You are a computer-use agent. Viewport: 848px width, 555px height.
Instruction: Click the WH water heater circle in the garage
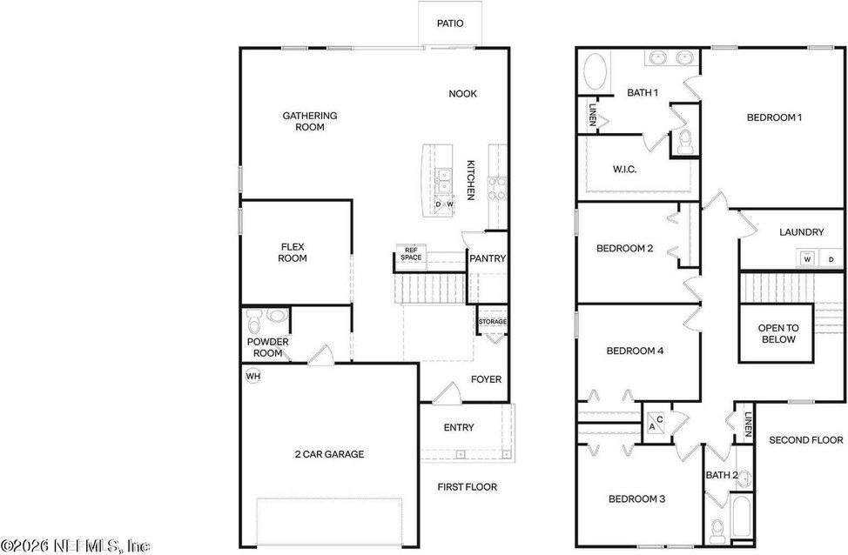[253, 376]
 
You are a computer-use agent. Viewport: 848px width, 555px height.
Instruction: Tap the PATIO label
[450, 23]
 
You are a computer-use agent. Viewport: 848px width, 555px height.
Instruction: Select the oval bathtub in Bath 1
[595, 71]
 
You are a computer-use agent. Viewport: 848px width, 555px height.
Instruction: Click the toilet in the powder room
[253, 322]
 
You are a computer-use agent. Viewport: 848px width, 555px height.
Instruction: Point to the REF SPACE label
[411, 254]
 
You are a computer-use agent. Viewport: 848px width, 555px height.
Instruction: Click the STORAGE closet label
[493, 322]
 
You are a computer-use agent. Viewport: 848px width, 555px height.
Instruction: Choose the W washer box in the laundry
[807, 259]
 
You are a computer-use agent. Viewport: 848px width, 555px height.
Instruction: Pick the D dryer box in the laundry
[831, 259]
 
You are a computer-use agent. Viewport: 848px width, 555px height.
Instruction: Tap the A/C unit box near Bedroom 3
[656, 422]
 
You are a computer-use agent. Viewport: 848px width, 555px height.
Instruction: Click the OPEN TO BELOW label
[778, 333]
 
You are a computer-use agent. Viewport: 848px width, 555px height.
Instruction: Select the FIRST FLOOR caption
[468, 487]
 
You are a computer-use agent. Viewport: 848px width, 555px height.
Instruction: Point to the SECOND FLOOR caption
[806, 440]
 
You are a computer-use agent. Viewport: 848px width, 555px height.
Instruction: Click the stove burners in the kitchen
[497, 189]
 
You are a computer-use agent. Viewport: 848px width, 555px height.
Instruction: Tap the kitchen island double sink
[443, 181]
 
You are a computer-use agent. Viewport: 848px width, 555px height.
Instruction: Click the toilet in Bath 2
[717, 532]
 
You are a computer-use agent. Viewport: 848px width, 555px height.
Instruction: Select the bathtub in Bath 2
[741, 516]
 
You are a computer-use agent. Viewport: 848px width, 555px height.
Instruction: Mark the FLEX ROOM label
[293, 252]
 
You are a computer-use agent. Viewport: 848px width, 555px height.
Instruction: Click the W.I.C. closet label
[624, 169]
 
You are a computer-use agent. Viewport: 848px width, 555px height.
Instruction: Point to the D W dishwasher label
[444, 204]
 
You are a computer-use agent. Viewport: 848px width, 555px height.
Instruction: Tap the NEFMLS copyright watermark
[75, 545]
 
